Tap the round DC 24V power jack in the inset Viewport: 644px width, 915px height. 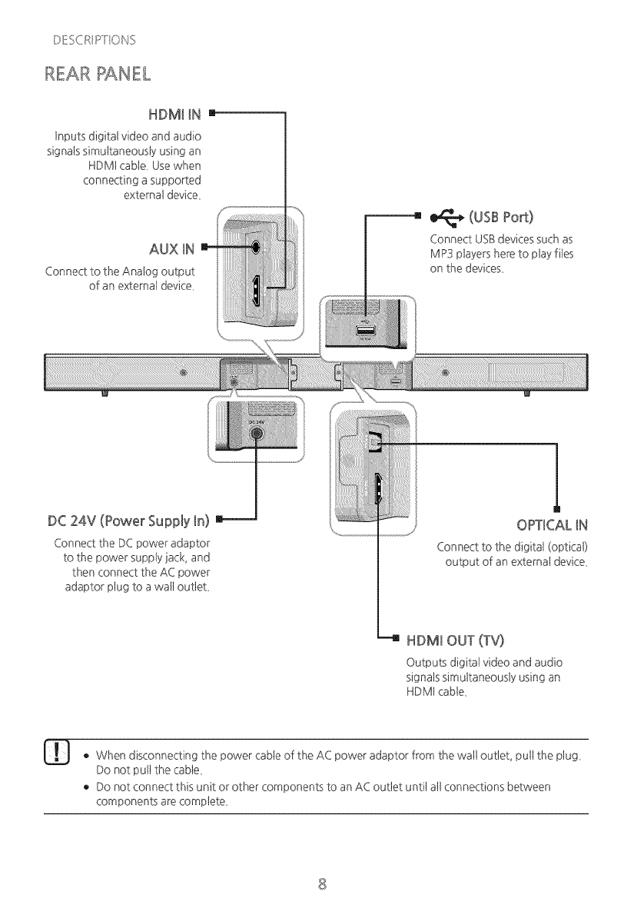[257, 437]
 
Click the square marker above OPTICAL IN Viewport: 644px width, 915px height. [556, 507]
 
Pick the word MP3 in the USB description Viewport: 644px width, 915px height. [443, 255]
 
